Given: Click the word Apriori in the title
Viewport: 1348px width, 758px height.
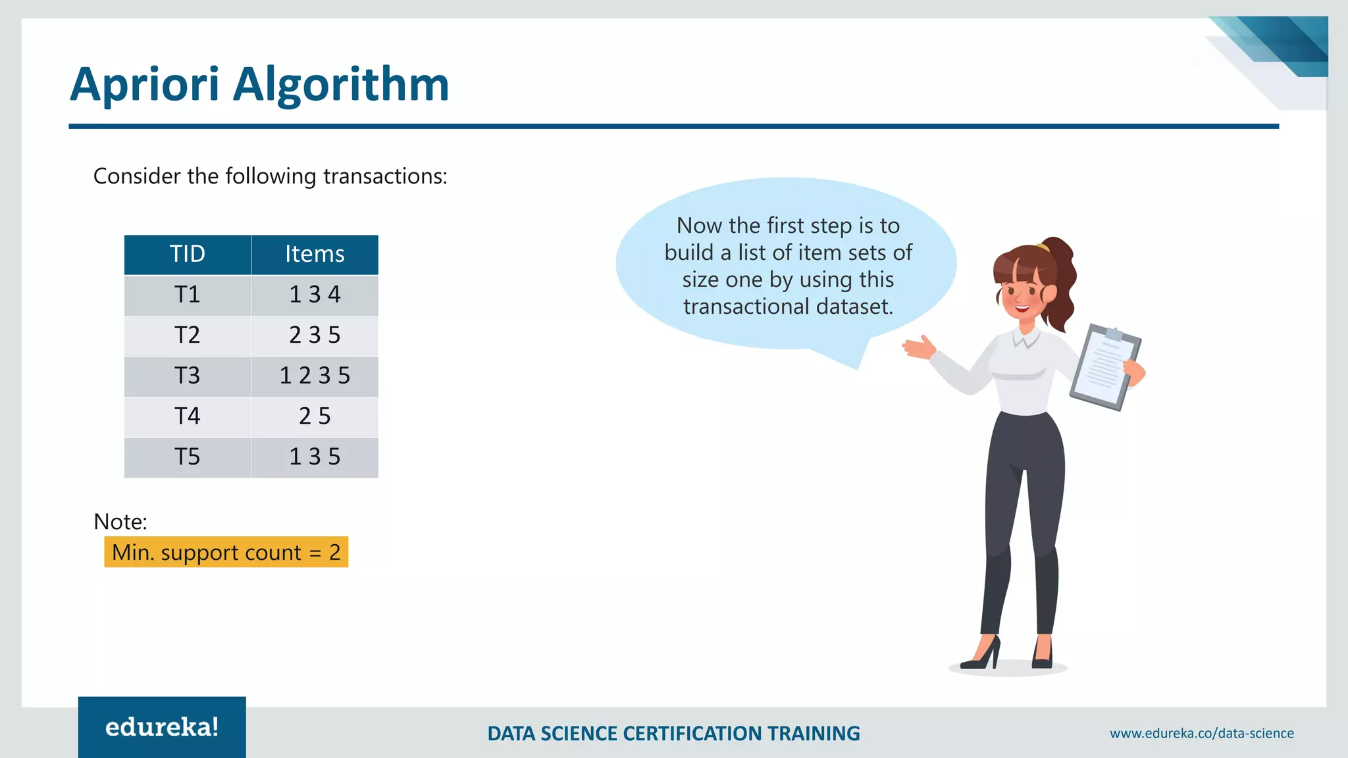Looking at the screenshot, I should [144, 86].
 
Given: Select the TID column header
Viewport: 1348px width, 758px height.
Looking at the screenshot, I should [188, 255].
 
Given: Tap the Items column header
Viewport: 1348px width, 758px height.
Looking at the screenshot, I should [315, 255].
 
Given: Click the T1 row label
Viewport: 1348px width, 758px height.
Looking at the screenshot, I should [188, 295].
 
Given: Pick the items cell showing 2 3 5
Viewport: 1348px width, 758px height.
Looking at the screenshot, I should [315, 336].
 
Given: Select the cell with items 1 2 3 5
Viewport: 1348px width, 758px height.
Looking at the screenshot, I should [315, 376].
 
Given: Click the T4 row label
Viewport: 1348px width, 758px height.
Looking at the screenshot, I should [188, 417].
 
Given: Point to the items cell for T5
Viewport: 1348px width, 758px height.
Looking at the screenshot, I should [315, 457].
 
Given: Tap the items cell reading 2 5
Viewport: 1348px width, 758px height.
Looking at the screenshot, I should [315, 417].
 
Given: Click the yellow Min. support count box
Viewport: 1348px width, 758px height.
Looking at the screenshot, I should [226, 552].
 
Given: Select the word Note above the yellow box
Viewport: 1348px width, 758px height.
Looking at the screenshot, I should [120, 522].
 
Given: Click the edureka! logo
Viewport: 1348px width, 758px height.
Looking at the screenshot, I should [162, 727].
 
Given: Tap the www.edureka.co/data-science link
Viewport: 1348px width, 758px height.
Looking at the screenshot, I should [1201, 734].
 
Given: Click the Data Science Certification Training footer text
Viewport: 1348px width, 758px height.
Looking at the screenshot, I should [673, 734].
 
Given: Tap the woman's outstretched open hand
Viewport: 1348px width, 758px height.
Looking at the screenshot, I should [918, 347].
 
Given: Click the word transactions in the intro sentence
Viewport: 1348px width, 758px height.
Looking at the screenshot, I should [384, 176].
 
